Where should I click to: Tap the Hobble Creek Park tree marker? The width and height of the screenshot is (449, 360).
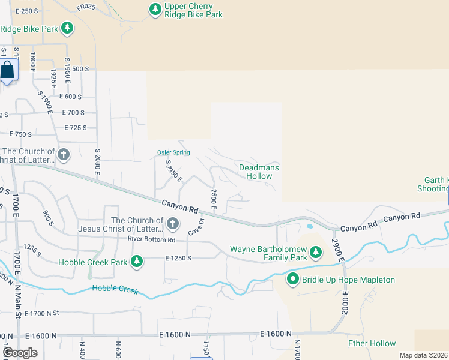(137, 262)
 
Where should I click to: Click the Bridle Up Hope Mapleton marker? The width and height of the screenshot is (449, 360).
(293, 279)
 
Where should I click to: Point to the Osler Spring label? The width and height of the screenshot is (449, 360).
(173, 152)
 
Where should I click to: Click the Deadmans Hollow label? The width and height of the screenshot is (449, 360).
(259, 172)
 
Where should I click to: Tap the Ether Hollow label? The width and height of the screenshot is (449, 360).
(372, 343)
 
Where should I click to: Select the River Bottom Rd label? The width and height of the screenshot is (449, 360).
(151, 239)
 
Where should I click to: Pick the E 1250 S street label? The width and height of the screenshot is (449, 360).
(178, 258)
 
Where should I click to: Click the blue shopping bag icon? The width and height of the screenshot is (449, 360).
(7, 71)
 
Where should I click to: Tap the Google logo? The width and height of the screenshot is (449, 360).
(20, 353)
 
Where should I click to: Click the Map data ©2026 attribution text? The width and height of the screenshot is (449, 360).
(424, 355)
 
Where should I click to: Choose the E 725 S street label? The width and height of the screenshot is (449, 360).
(74, 128)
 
